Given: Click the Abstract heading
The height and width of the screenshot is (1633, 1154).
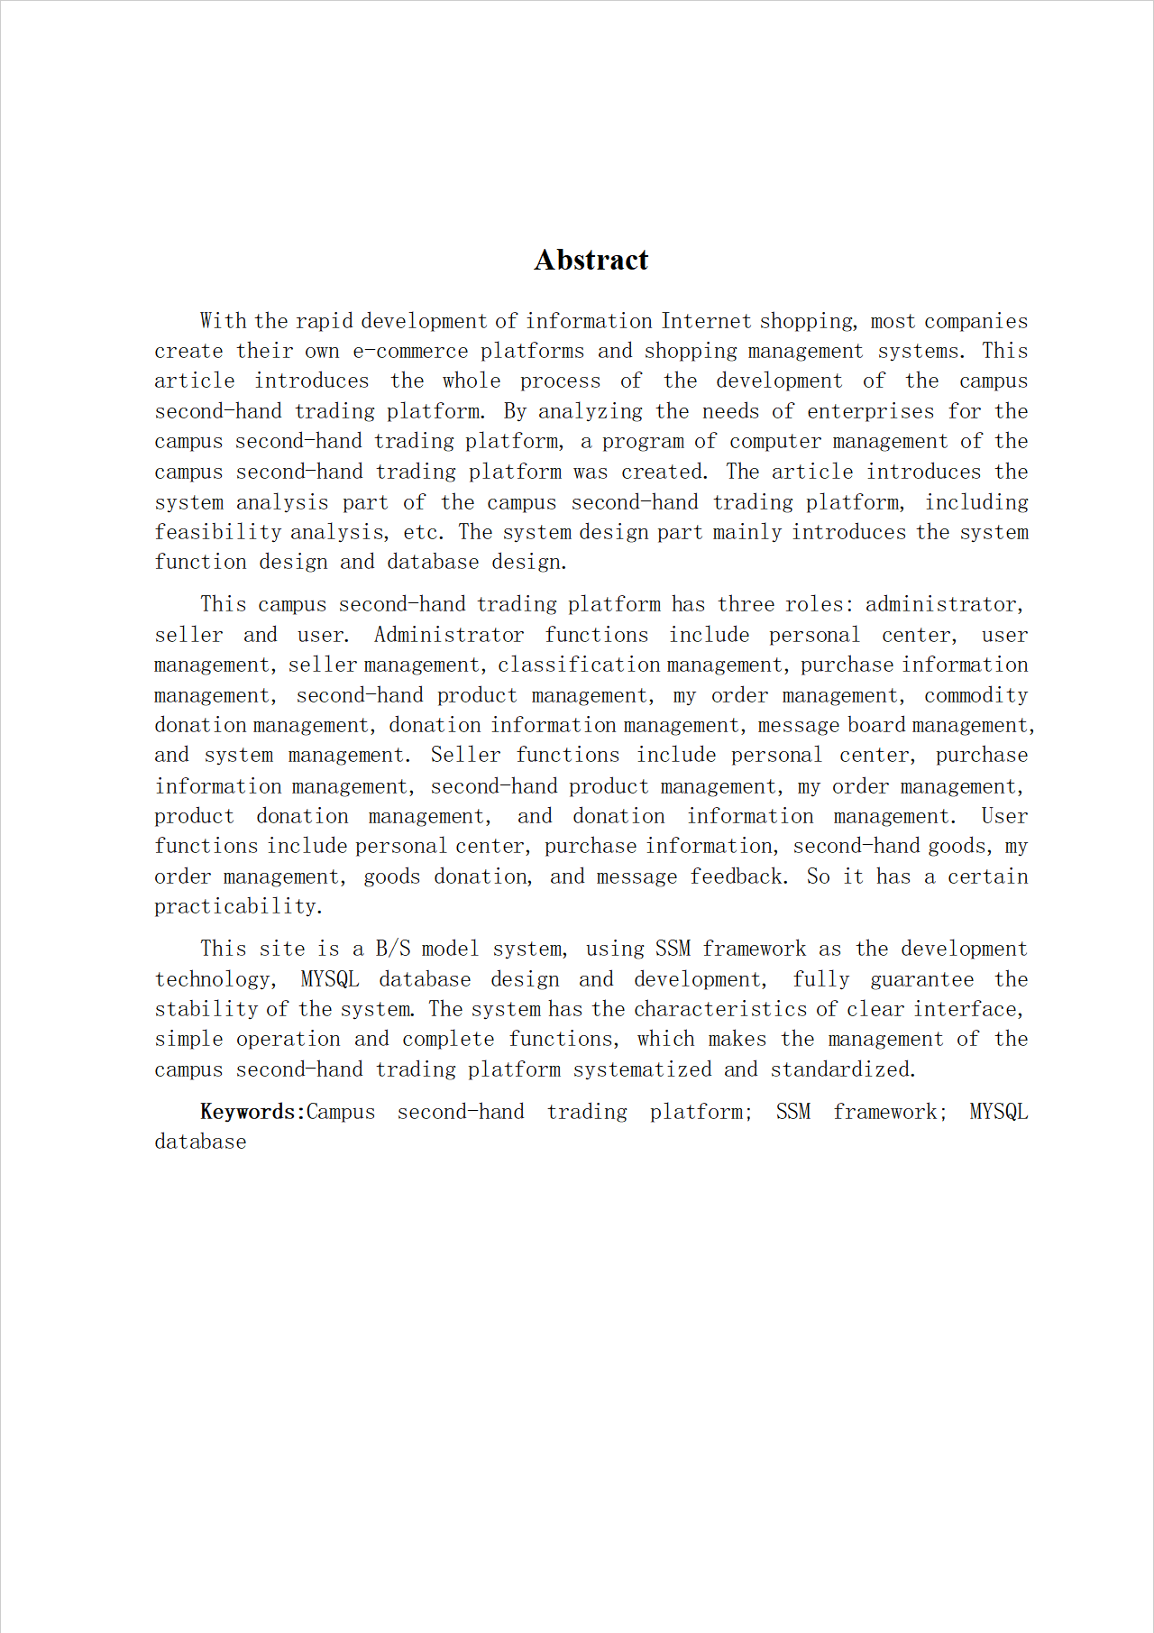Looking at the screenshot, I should click(x=591, y=260).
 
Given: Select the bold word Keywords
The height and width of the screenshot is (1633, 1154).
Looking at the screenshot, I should click(x=248, y=1112).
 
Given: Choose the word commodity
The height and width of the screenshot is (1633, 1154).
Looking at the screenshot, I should click(x=975, y=695).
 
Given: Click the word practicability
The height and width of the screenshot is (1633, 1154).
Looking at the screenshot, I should click(x=238, y=906).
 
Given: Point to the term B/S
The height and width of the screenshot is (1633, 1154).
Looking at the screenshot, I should click(x=393, y=949).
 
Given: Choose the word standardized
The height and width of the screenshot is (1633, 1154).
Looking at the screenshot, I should click(x=842, y=1069).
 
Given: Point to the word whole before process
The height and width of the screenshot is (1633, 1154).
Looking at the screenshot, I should click(x=471, y=381).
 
